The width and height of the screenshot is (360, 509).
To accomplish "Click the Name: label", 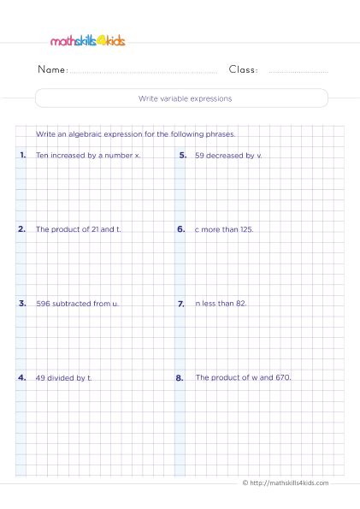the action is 53,70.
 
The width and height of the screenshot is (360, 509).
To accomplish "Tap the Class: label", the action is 244,70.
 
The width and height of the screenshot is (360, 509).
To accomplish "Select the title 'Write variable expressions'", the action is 180,98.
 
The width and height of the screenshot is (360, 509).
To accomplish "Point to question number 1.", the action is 21,156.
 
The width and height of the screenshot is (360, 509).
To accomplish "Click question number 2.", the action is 21,229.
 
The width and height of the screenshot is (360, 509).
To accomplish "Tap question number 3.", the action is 21,303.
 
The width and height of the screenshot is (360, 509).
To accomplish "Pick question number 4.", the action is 21,376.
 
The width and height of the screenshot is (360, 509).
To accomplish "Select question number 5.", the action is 182,156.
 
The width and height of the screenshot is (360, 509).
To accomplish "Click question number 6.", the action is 182,229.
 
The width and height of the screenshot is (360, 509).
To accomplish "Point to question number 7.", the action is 182,303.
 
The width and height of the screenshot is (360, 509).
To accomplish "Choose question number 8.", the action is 182,376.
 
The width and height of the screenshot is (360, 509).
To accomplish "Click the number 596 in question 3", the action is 43,303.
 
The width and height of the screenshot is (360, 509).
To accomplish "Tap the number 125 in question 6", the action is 246,229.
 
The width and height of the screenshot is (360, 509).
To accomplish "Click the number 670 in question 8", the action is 283,376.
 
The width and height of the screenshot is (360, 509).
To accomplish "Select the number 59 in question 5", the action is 200,156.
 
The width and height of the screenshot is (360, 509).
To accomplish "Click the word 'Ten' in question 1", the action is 43,156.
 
